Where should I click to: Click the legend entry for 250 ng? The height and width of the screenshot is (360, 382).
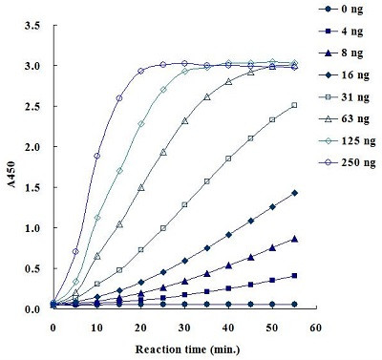coord(347,162)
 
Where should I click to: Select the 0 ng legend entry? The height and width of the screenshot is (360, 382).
coord(341,9)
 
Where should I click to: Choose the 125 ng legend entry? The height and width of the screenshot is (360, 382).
coord(347,140)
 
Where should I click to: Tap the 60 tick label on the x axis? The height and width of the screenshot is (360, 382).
coord(315,328)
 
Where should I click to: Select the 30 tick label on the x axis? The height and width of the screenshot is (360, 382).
coord(184,328)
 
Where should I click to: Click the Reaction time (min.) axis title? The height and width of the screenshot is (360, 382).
coord(187,349)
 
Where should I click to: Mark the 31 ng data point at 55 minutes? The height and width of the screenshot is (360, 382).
coord(294,105)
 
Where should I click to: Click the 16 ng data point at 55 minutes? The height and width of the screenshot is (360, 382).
coord(294,193)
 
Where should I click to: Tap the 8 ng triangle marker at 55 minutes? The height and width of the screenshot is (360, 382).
coord(294,239)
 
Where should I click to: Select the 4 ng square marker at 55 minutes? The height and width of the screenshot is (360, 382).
coord(294,276)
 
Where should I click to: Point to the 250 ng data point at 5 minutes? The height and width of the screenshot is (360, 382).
coord(75,251)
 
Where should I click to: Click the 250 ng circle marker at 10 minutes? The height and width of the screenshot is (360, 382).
coord(97,156)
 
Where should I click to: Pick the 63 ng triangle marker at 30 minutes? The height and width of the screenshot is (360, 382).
coord(184,121)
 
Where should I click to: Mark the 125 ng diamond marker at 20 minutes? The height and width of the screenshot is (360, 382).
coord(141,123)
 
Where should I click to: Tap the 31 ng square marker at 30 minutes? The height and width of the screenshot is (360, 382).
coord(184,204)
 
